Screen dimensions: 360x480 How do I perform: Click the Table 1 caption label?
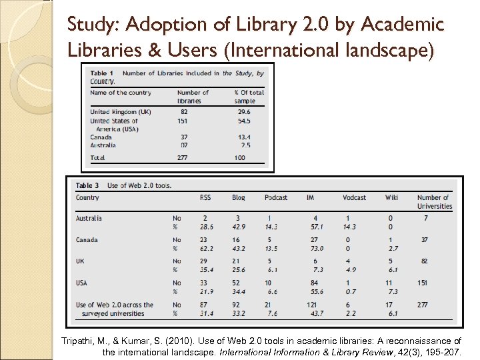(101, 73)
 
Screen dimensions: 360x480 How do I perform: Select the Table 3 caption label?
(87, 185)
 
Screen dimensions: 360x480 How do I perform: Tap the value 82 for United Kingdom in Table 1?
(184, 112)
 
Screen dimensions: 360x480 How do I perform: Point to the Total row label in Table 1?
(98, 158)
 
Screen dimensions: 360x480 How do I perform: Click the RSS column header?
(205, 197)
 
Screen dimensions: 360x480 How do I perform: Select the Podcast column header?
(276, 197)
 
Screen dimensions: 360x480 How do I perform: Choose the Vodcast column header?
(354, 197)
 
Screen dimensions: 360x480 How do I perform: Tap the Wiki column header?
(391, 197)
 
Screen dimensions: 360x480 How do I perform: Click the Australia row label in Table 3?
(89, 218)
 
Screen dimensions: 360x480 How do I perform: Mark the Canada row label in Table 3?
(87, 240)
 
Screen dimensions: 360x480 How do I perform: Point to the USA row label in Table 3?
(81, 283)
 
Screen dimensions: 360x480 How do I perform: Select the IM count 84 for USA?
(315, 283)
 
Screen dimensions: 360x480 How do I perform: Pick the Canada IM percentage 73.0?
(315, 248)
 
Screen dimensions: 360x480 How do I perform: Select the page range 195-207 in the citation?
(445, 351)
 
